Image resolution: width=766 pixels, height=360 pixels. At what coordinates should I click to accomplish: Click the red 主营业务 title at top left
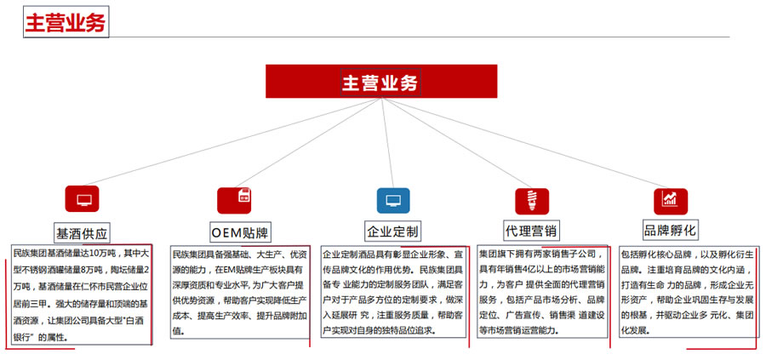point(66,22)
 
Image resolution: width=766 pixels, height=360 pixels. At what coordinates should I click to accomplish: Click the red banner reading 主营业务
point(381,82)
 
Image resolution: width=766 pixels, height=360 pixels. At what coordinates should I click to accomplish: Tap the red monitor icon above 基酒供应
point(82,199)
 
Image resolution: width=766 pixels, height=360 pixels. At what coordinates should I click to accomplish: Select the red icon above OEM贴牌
point(234,200)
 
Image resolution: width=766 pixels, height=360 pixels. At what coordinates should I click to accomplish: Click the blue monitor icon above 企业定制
point(393,200)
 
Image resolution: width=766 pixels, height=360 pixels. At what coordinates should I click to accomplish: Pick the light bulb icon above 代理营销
point(532,201)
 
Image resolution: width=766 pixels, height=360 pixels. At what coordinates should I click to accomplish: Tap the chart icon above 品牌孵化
point(671,201)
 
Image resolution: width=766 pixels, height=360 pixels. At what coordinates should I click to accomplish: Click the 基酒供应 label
point(82,233)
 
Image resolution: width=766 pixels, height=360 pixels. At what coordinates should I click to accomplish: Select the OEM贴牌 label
point(240,232)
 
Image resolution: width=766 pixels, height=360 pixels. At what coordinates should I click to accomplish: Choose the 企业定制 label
point(392,231)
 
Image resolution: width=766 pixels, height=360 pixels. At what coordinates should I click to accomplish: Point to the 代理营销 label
point(532,231)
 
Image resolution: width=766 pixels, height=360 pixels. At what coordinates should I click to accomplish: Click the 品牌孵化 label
point(670,230)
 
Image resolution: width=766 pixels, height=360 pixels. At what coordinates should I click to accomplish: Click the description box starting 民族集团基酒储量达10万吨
point(82,294)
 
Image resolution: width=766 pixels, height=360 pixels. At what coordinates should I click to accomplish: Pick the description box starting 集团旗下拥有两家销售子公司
point(542,292)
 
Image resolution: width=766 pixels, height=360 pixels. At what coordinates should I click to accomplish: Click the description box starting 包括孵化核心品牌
point(689,292)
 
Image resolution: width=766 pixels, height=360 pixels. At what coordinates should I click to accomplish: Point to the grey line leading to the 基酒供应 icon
point(232,141)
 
